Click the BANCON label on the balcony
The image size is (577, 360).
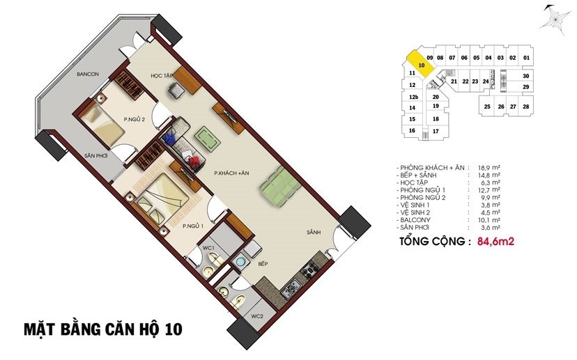pos(88,75)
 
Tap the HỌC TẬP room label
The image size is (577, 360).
pos(162,76)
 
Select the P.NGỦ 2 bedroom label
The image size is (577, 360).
pos(134,119)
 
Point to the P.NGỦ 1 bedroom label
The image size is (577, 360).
pos(193,226)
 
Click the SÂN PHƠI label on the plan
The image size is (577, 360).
pos(95,156)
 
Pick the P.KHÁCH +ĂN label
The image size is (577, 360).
pos(231,173)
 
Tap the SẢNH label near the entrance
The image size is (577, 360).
pos(314,233)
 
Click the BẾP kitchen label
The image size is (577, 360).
pos(263,264)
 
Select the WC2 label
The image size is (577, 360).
pos(257,316)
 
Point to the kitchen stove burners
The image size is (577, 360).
pos(310,269)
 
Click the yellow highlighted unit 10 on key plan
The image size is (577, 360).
pos(421,64)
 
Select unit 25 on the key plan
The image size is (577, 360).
pos(487,107)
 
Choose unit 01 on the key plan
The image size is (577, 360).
pos(527,58)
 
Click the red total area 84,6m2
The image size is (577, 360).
pos(495,242)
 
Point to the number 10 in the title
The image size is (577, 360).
pos(174,329)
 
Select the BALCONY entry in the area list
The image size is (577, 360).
pos(415,220)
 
